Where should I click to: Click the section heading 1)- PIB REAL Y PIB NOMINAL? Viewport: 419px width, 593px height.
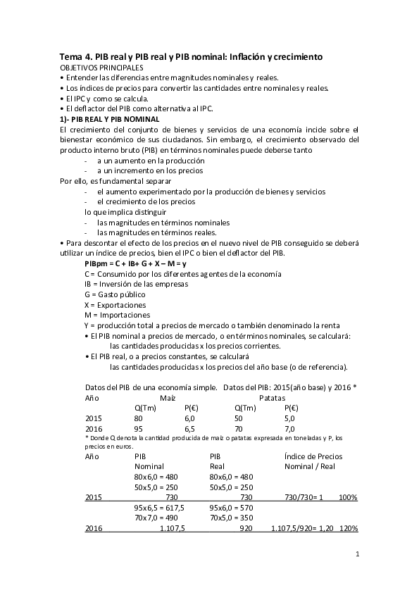pos(110,119)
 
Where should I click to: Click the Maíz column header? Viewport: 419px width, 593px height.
pos(167,397)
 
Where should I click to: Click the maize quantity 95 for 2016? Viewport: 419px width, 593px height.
pos(138,428)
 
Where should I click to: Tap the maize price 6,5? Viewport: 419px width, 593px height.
pos(189,428)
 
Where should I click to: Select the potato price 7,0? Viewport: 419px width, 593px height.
pos(289,428)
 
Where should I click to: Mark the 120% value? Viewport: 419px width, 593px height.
pos(348,528)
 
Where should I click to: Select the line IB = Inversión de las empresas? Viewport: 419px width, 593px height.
pos(136,283)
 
